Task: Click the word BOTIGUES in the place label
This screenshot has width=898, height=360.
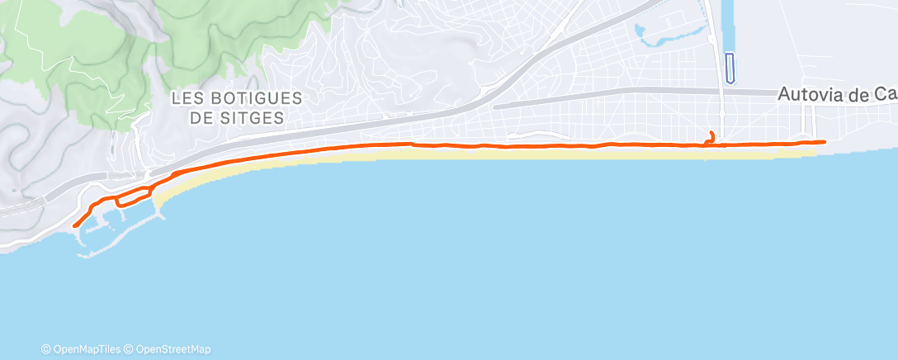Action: click(252, 97)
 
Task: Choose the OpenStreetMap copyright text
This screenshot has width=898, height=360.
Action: click(173, 349)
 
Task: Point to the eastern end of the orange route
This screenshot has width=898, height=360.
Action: click(824, 142)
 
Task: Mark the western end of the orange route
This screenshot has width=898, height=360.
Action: click(75, 225)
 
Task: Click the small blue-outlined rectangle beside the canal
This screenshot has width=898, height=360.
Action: click(730, 68)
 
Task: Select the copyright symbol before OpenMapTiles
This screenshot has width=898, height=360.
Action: click(46, 349)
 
